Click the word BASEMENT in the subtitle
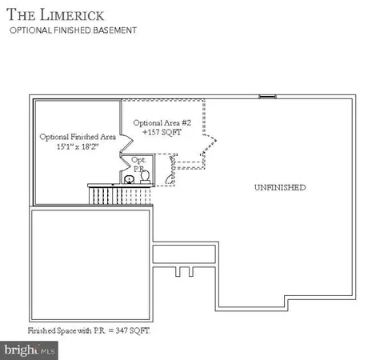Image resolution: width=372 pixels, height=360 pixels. click(118, 30)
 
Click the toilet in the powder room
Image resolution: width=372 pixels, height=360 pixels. click(146, 179)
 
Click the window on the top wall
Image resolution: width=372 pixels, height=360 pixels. click(267, 97)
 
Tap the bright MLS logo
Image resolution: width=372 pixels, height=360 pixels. click(30, 350)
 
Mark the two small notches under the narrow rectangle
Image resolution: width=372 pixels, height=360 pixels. click(185, 272)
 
